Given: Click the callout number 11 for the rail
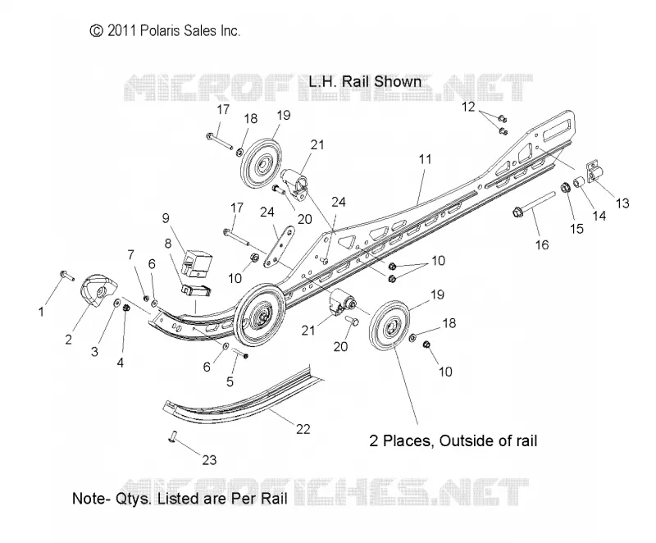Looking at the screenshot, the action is click(425, 159).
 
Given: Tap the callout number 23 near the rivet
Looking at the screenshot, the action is click(209, 460).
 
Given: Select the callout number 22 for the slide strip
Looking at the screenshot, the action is click(303, 429).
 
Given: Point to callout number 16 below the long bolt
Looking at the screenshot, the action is click(542, 244).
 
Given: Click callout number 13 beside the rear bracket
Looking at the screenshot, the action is click(622, 203).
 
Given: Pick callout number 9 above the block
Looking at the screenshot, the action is click(166, 218).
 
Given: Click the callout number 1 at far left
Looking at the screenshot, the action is click(41, 312).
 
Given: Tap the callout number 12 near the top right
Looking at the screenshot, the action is click(468, 107).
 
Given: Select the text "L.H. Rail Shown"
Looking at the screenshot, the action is click(365, 81).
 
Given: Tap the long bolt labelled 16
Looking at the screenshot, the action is click(535, 203).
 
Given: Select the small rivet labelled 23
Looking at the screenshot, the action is click(172, 437).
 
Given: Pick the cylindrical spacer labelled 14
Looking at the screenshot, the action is click(579, 183).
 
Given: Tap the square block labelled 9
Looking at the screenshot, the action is click(196, 263).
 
